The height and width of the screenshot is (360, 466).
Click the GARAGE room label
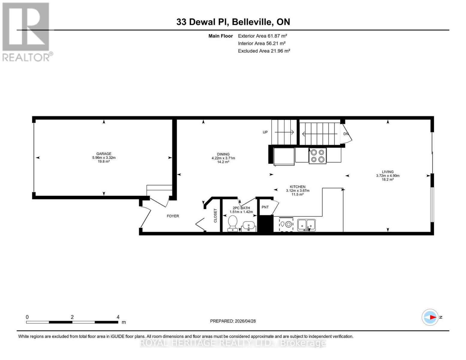click(104, 154)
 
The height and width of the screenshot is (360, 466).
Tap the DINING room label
click(223, 154)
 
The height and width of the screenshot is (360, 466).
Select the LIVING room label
click(387, 172)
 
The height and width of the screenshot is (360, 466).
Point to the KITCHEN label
click(298, 187)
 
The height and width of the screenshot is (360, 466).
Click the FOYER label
click(173, 216)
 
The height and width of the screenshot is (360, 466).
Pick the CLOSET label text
click(215, 215)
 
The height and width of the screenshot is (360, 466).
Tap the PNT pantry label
click(265, 207)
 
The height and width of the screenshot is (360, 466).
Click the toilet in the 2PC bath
click(233, 223)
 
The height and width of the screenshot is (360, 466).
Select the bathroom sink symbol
click(248, 226)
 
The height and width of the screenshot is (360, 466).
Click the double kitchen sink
click(306, 225)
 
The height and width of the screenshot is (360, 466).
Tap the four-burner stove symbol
click(317, 156)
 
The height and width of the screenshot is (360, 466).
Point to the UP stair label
click(265, 132)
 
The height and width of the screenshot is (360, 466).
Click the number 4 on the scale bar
click(118, 317)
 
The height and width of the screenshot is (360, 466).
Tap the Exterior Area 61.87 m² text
click(263, 36)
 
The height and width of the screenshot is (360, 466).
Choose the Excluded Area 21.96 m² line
click(264, 51)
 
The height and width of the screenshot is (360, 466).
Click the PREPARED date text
click(233, 321)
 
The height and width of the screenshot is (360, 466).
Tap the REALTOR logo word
click(26, 58)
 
